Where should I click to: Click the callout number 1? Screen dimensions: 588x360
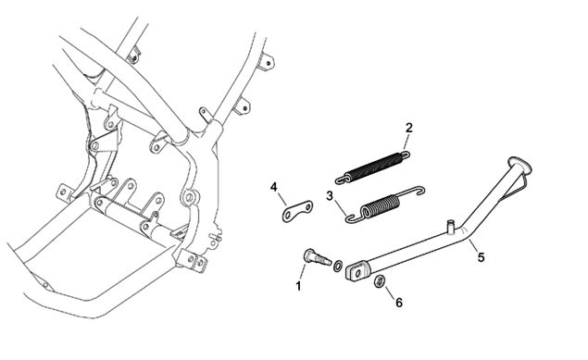point(298,286)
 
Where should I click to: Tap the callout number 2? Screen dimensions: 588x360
point(408,128)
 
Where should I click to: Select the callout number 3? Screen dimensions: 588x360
point(330,196)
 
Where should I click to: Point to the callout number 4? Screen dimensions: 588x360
point(274,187)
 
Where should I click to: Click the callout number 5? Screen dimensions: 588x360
point(481,257)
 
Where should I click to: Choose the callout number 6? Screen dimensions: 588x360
point(399,303)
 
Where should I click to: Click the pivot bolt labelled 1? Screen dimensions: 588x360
point(316,257)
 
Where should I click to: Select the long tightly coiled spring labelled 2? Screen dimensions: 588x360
point(373,168)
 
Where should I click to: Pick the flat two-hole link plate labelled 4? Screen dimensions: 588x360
point(298,211)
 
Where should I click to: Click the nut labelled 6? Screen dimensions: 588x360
point(379,281)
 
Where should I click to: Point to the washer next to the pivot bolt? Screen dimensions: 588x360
point(337,266)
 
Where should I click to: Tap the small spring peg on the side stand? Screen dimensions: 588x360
point(451,226)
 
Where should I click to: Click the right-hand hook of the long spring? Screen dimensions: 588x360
point(405,154)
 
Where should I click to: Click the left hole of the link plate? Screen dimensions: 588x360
point(288,216)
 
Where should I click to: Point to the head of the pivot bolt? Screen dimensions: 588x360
point(307,254)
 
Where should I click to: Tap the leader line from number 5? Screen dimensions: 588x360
point(474,246)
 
